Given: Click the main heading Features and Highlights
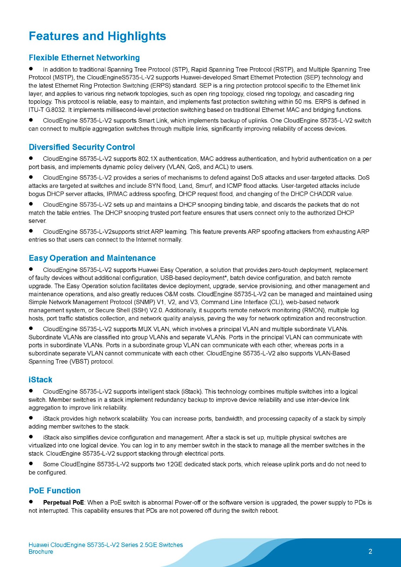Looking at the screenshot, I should pyautogui.click(x=97, y=36).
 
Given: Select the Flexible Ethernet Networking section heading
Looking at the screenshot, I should pyautogui.click(x=84, y=58).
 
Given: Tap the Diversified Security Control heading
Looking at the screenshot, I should pyautogui.click(x=82, y=147).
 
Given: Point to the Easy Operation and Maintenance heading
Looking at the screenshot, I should pyautogui.click(x=92, y=258).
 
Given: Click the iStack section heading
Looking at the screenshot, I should pyautogui.click(x=40, y=380).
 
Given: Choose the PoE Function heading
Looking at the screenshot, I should pyautogui.click(x=55, y=490).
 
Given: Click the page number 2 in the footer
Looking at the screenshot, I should pyautogui.click(x=371, y=551).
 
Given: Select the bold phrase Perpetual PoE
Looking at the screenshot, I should pyautogui.click(x=63, y=503).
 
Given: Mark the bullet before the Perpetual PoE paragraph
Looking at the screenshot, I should pyautogui.click(x=31, y=502).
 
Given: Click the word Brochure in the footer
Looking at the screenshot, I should pyautogui.click(x=41, y=552).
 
